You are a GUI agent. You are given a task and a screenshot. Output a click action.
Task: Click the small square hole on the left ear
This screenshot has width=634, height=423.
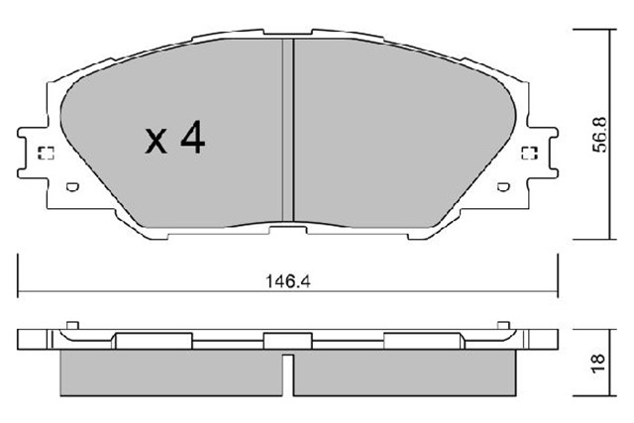(44, 154)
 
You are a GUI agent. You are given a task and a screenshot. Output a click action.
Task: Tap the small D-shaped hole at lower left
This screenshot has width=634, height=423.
(70, 186)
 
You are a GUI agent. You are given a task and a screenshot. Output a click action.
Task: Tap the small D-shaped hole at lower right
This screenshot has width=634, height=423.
(503, 186)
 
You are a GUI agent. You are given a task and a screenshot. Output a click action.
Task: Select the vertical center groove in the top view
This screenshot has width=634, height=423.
(290, 129)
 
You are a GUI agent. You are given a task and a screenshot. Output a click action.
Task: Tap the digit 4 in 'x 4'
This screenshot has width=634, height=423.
(192, 140)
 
